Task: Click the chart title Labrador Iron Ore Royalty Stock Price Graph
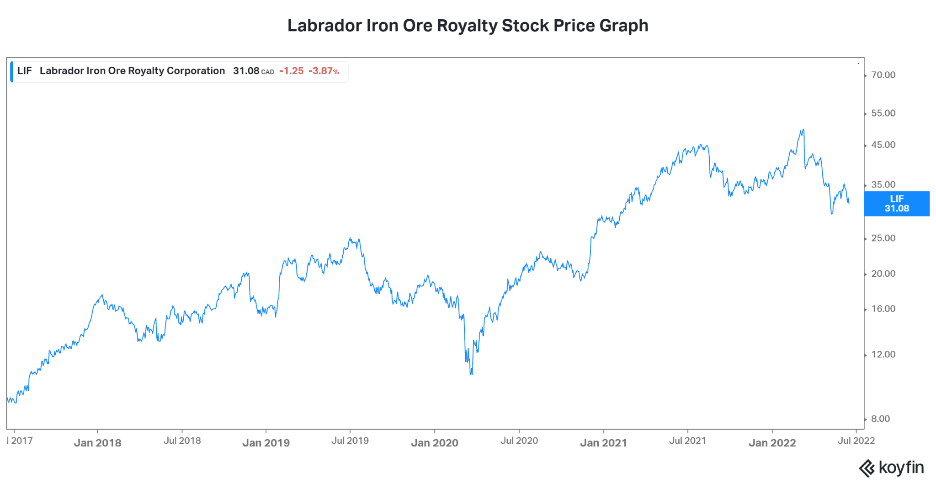click(x=468, y=26)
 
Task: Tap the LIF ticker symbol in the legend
click(x=25, y=71)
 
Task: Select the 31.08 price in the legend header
click(x=246, y=71)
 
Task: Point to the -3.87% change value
click(x=324, y=71)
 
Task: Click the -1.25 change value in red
click(x=292, y=71)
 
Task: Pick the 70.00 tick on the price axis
click(x=883, y=75)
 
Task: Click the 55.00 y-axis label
click(x=883, y=113)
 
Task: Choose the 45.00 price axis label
click(x=883, y=145)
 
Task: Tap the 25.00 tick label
click(x=883, y=238)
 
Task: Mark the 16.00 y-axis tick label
click(x=883, y=309)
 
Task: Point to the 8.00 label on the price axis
click(x=880, y=419)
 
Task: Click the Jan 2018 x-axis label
click(x=97, y=443)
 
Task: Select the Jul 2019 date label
click(x=350, y=441)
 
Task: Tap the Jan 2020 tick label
click(x=434, y=443)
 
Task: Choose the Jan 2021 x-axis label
click(x=603, y=443)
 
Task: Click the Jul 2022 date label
click(x=856, y=441)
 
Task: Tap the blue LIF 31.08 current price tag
click(x=897, y=204)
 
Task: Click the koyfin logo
click(x=891, y=468)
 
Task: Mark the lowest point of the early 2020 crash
click(x=471, y=374)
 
